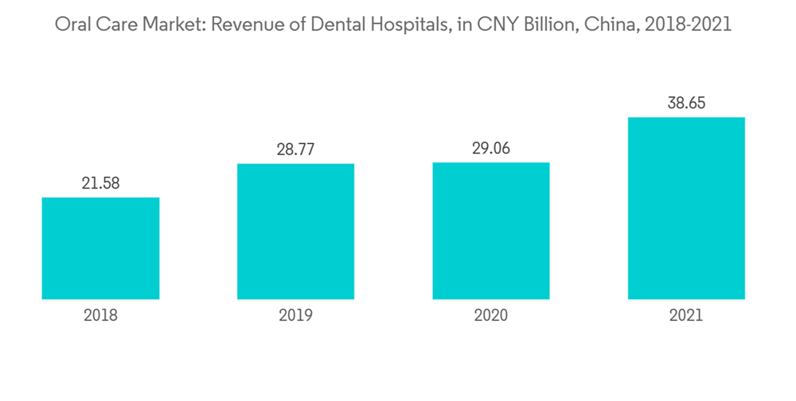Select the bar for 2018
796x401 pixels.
pos(100,248)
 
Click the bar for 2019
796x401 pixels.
pos(295,232)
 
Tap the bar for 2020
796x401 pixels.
pos(491,231)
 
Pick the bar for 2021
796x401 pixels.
pos(686,208)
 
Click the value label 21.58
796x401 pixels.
pos(100,184)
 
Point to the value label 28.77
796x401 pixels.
pos(295,150)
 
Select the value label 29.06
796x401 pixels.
pos(491,149)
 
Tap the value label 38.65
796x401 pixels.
pos(686,103)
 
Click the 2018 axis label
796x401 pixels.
pos(100,316)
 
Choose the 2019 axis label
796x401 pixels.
pos(295,316)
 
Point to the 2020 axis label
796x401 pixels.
pos(491,316)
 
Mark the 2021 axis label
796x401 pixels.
pos(686,316)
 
